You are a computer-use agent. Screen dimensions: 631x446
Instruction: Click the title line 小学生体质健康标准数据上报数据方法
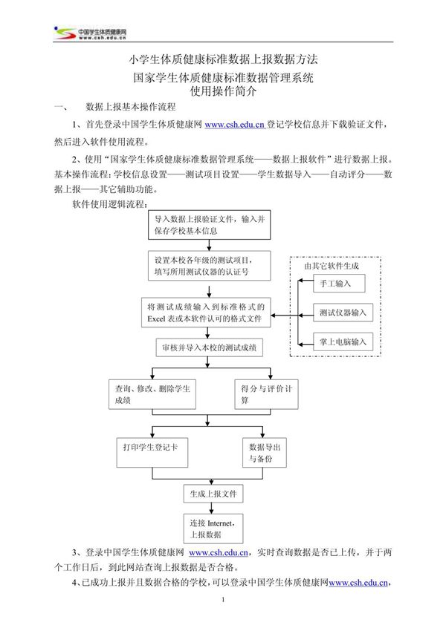click(223, 59)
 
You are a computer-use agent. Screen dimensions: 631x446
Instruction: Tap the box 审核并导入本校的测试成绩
click(210, 347)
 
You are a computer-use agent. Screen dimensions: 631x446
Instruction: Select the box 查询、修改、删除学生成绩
click(152, 394)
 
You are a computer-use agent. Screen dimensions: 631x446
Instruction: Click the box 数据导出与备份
click(265, 454)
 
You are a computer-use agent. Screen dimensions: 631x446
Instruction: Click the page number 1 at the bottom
click(223, 609)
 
